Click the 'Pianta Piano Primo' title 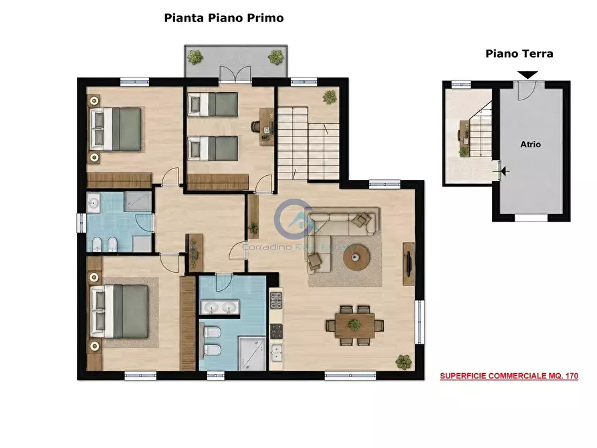click(x=224, y=18)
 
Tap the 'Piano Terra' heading click(x=519, y=53)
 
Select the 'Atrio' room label click(x=530, y=144)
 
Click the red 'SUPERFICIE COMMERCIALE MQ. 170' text click(x=509, y=376)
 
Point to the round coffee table click(x=356, y=258)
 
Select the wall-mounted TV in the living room click(x=408, y=263)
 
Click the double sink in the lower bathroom click(x=220, y=308)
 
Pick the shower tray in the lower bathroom click(x=252, y=353)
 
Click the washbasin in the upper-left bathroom click(x=94, y=203)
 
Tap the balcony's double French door click(x=235, y=75)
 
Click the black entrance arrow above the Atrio click(x=527, y=75)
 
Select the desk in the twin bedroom click(x=267, y=127)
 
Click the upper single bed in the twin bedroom click(x=213, y=104)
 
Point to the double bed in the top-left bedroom click(x=116, y=129)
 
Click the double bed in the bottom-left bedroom click(x=119, y=311)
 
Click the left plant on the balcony click(x=195, y=57)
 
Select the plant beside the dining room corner click(x=403, y=362)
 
